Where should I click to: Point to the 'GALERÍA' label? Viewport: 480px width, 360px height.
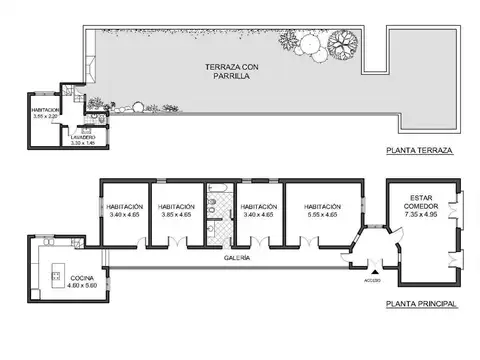[x=237, y=258]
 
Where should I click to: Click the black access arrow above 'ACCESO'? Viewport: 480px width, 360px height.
[x=376, y=271]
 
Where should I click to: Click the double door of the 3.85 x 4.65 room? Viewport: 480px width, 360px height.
[x=176, y=241]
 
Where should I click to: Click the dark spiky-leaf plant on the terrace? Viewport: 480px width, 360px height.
[x=342, y=43]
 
